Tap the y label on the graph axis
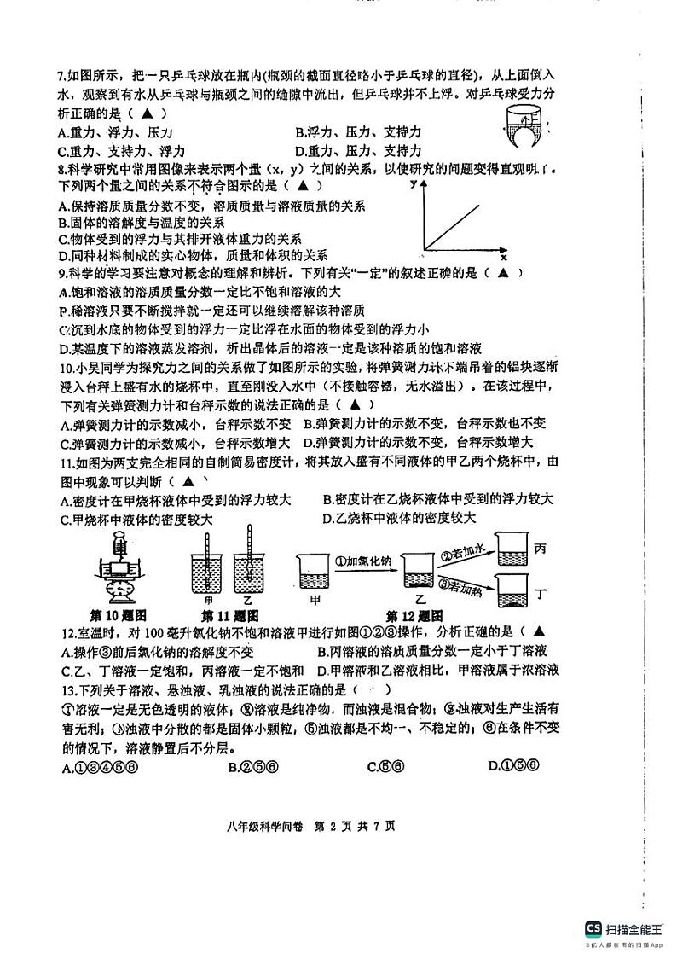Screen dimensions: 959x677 click(413, 183)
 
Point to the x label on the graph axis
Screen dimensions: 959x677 click(503, 257)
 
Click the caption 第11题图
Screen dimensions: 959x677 click(230, 615)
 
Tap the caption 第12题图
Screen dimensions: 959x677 click(414, 615)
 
